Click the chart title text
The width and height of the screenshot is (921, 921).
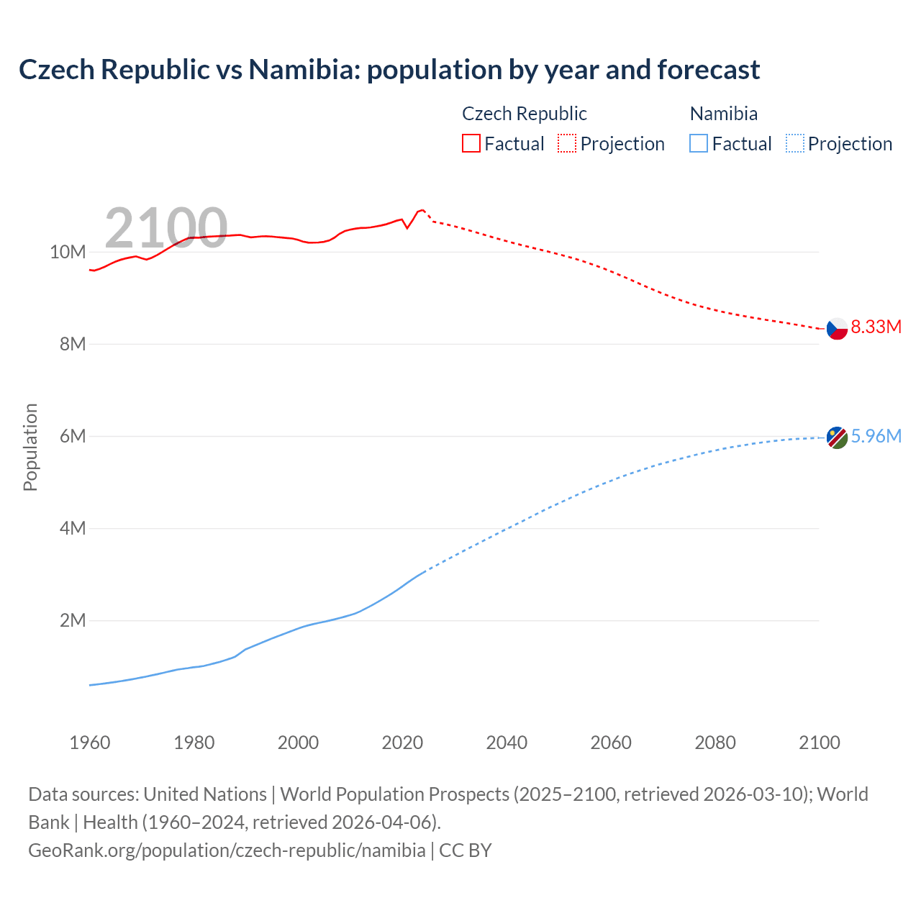point(389,70)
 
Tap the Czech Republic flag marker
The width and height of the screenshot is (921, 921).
point(837,328)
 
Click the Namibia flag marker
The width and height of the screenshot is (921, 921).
point(837,437)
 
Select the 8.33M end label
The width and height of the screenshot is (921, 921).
point(876,327)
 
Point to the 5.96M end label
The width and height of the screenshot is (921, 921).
point(876,437)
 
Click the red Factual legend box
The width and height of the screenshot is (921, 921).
point(471,143)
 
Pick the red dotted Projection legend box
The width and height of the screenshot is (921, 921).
point(567,143)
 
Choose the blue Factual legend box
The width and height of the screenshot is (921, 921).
point(698,143)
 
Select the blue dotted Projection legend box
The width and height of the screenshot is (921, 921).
point(795,143)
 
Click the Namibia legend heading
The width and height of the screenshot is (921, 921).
point(723,114)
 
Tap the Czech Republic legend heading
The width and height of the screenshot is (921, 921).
point(524,114)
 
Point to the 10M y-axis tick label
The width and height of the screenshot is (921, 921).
point(68,253)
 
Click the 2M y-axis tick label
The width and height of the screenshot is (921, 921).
point(73,621)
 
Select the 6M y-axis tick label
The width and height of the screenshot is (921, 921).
point(73,437)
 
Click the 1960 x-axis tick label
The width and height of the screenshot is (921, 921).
point(90,743)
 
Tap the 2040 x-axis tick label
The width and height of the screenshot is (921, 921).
point(507,743)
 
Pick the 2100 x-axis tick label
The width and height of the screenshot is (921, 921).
point(820,743)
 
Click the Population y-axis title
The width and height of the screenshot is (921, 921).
point(30,447)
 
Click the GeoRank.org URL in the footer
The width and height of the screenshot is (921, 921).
point(227,850)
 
